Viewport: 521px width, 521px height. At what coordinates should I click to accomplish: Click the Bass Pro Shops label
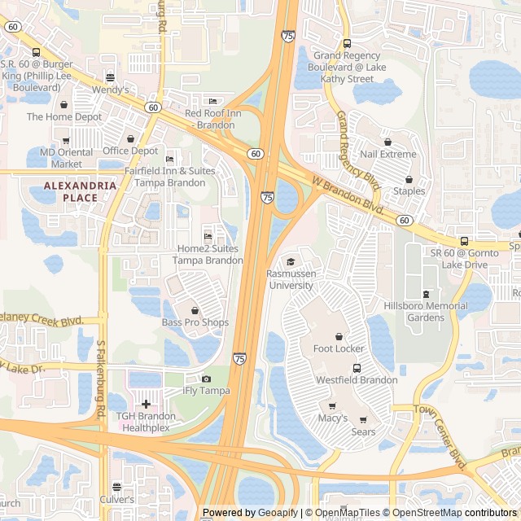195,322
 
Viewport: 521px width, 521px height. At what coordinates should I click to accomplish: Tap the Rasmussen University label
291,280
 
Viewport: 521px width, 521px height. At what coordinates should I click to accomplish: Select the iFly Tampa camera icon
206,379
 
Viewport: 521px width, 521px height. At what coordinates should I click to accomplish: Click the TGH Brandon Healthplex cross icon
146,404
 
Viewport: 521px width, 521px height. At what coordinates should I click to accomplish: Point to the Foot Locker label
339,348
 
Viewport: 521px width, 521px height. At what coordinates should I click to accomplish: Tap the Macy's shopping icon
332,405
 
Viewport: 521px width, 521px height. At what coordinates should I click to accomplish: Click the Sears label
364,431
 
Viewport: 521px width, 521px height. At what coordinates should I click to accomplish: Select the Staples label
409,191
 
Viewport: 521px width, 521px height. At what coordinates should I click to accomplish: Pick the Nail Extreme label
388,154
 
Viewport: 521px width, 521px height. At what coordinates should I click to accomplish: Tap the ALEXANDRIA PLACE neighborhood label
80,191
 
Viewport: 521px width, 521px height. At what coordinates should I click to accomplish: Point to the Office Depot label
130,151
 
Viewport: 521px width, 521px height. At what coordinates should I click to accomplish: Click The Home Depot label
64,116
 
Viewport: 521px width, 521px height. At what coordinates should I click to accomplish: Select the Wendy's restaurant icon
110,77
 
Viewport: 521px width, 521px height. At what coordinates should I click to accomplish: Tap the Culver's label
116,499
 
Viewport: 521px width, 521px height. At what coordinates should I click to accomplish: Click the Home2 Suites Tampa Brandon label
208,254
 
